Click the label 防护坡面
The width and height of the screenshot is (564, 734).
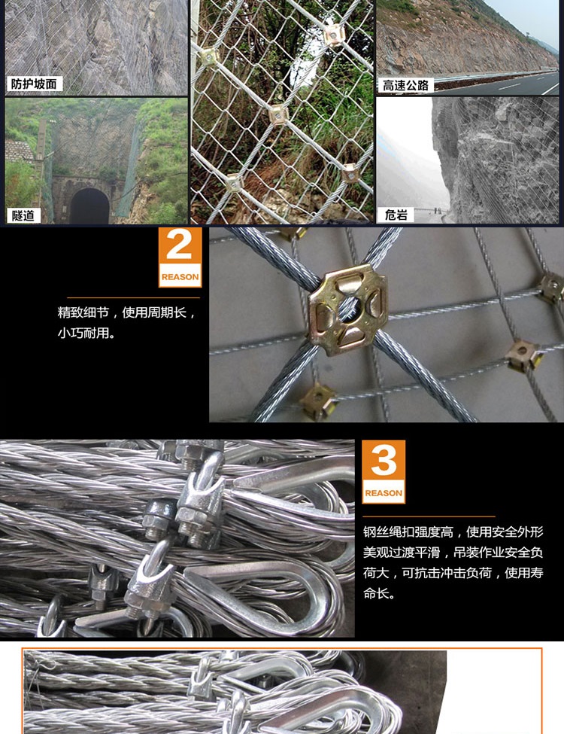[34, 84]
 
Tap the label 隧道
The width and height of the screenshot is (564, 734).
[23, 215]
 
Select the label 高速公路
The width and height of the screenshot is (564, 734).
[405, 85]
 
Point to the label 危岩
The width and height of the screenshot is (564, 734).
[396, 215]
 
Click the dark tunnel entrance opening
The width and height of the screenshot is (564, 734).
[89, 206]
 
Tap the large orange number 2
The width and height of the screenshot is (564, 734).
[180, 245]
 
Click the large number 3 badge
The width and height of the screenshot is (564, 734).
[384, 472]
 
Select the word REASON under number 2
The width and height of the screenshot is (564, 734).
[180, 276]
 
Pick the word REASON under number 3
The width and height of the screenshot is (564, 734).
[384, 493]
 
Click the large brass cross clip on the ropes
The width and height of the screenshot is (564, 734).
[348, 309]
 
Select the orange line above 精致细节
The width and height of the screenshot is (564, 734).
[133, 297]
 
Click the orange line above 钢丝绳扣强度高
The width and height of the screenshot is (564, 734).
[429, 516]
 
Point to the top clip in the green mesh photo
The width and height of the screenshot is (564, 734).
[334, 35]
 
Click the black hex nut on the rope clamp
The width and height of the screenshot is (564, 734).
[159, 519]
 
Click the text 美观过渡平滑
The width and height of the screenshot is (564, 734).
[402, 553]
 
